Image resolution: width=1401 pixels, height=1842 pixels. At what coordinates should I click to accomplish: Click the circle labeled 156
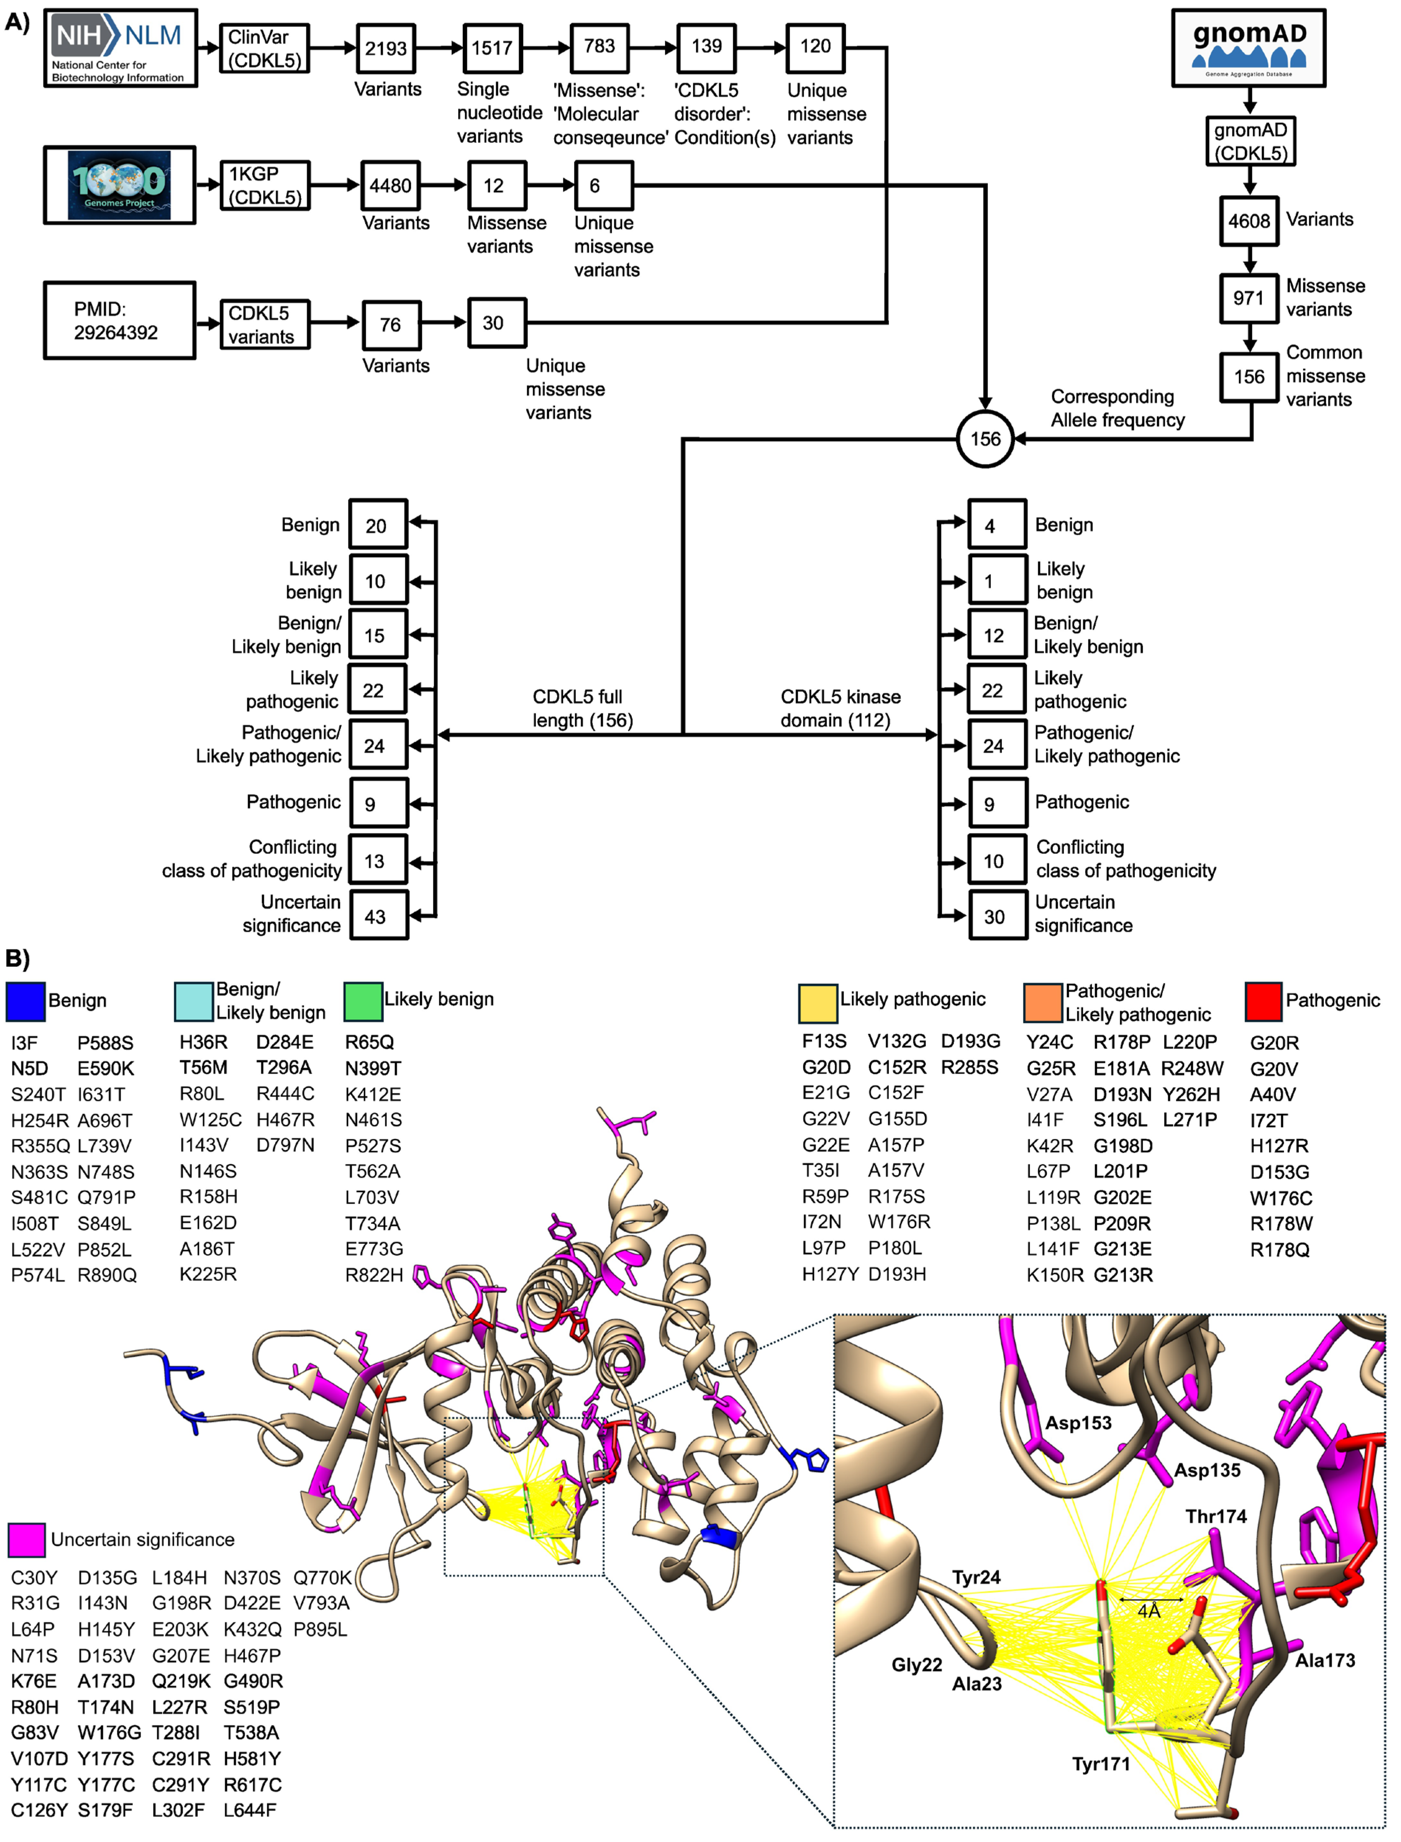coord(985,439)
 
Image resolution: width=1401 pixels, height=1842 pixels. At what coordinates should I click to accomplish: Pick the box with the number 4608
coord(1248,221)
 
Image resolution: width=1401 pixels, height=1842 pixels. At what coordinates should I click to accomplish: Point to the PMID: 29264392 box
coord(119,320)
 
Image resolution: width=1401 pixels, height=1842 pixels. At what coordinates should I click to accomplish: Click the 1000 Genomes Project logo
coord(119,185)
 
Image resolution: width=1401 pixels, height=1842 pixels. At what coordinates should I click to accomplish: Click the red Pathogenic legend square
coord(1263,1001)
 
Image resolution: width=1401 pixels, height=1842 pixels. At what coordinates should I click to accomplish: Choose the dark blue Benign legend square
coord(25,1001)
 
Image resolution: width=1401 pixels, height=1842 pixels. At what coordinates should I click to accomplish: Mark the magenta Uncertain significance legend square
coord(27,1539)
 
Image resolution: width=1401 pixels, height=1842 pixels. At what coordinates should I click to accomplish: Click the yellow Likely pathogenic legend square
coord(817,1003)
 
